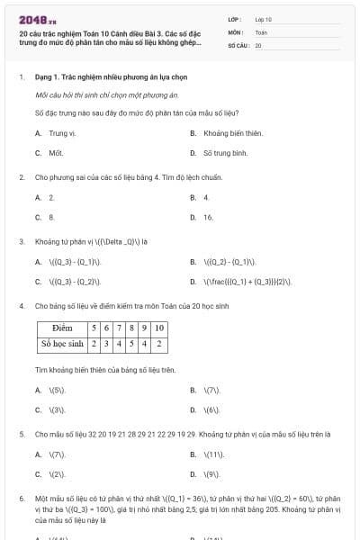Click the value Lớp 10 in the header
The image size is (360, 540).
tap(264, 19)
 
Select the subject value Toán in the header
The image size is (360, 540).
tap(261, 31)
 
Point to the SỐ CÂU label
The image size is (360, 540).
tap(238, 44)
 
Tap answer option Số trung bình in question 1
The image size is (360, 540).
tap(226, 153)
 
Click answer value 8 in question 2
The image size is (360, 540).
tap(51, 217)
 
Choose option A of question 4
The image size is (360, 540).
tap(56, 391)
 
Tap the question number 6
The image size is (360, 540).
tap(21, 498)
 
